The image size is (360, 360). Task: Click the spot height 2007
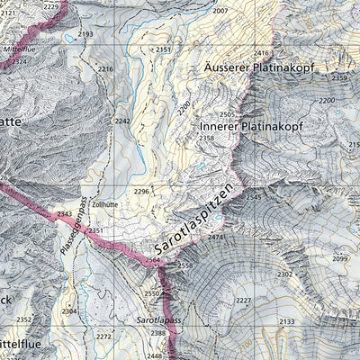[x=220, y=11]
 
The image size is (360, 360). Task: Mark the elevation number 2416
[x=262, y=54]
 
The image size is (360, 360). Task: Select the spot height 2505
[x=227, y=115]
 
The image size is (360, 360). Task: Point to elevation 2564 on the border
[x=152, y=260]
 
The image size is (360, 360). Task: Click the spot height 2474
[x=215, y=237]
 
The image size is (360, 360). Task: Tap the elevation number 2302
[x=284, y=274]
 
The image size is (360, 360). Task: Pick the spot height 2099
[x=339, y=258]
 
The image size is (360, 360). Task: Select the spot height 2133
[x=285, y=321]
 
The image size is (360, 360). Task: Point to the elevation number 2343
[x=64, y=214]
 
